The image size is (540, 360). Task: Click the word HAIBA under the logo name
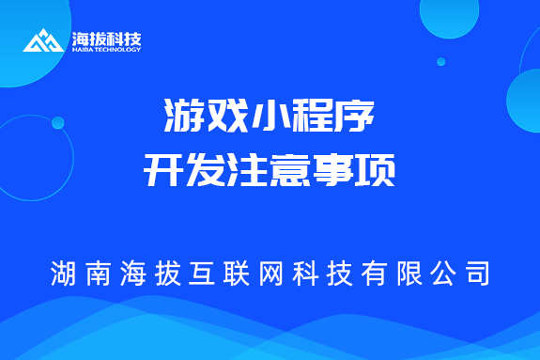tap(82, 50)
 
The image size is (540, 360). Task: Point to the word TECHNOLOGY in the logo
tap(116, 50)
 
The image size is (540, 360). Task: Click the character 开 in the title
tap(163, 172)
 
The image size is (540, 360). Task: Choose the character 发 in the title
tap(206, 172)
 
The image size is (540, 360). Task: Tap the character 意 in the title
tap(292, 172)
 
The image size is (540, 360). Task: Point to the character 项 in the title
tap(378, 172)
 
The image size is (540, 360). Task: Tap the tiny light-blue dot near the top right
tap(440, 61)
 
